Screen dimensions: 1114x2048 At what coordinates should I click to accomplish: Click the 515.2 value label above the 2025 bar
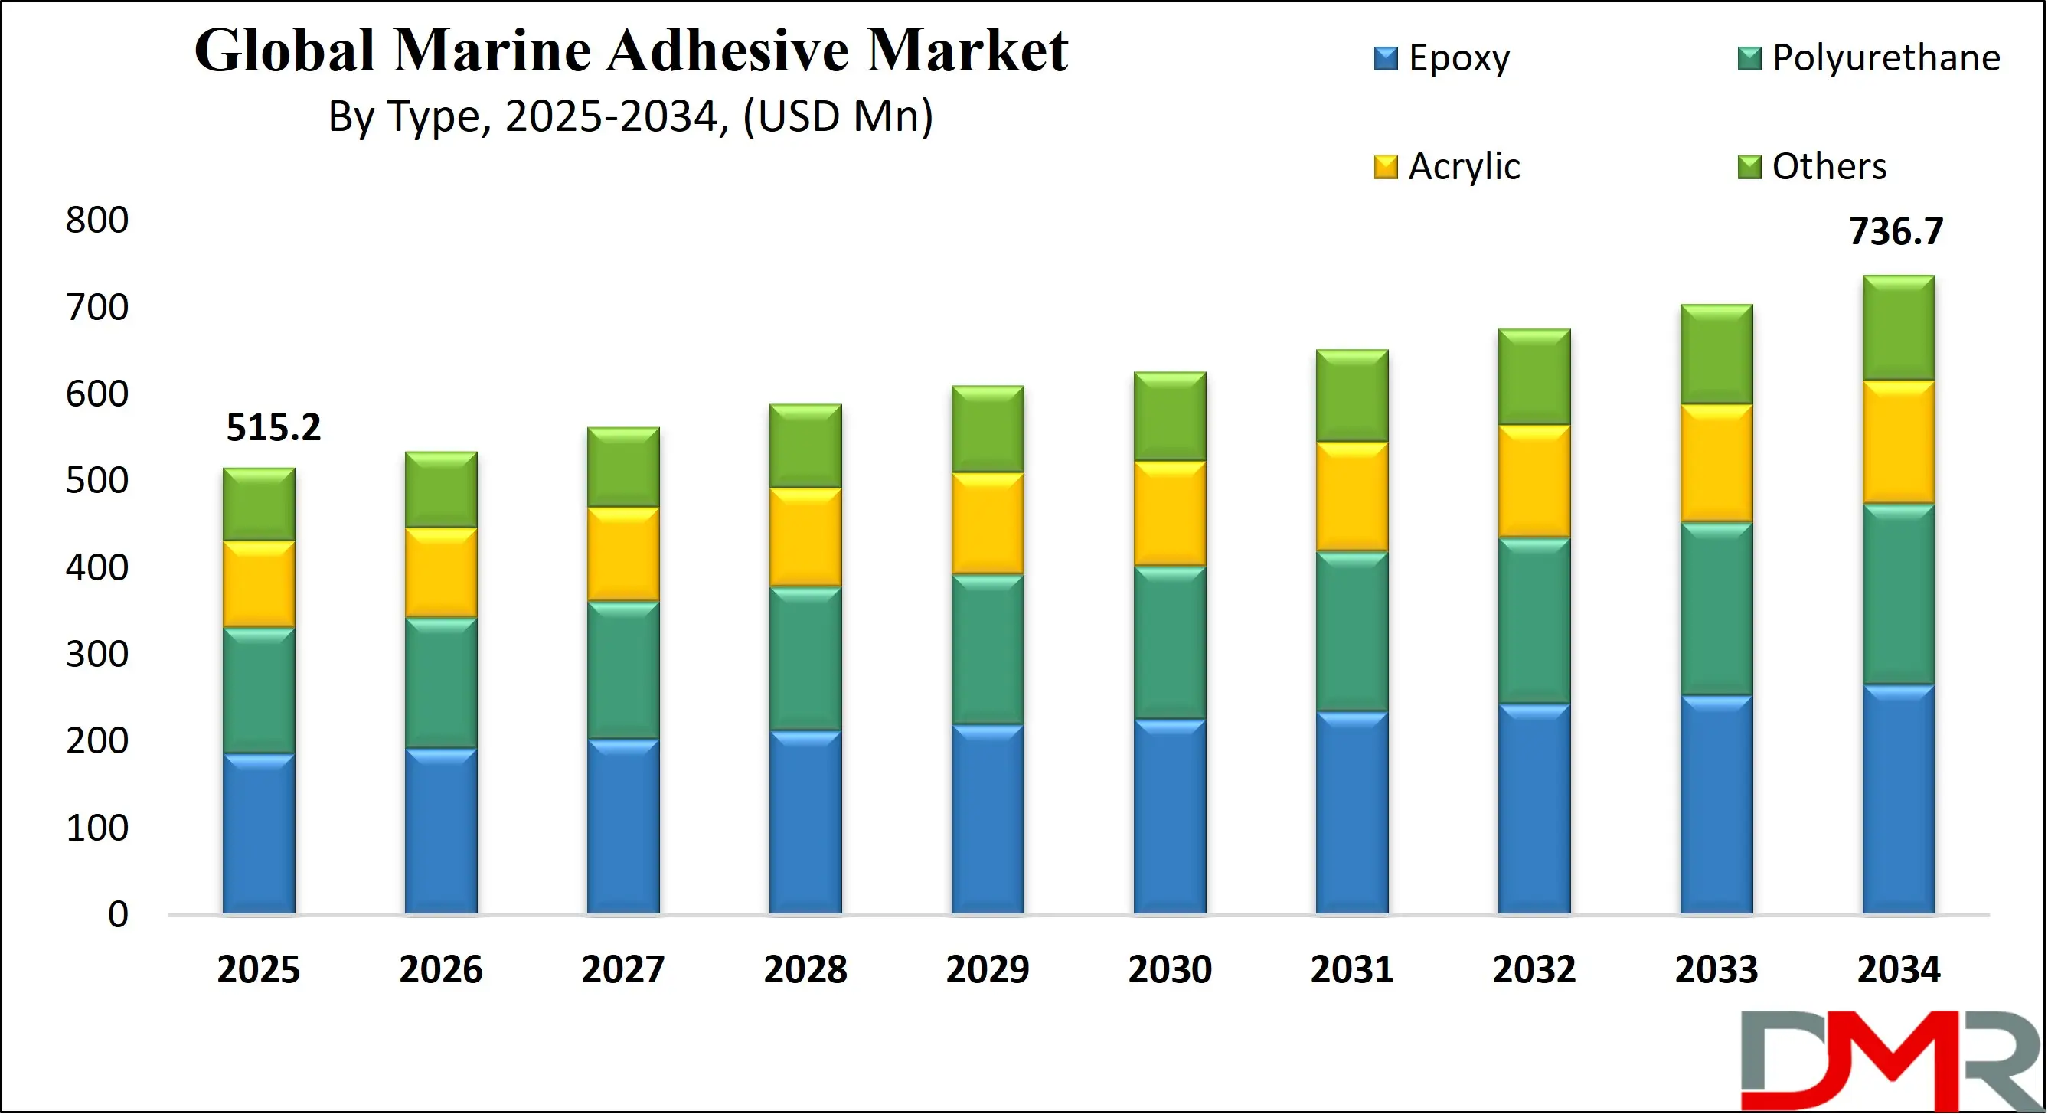tap(273, 428)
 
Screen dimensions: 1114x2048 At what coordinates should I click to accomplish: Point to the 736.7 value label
tap(1896, 231)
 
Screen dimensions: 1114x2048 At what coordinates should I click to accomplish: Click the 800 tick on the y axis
tap(97, 220)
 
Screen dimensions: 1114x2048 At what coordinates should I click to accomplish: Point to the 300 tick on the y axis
tap(97, 654)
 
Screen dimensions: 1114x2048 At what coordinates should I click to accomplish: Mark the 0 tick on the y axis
tap(118, 914)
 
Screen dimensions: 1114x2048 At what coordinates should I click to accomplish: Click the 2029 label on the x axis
tap(988, 969)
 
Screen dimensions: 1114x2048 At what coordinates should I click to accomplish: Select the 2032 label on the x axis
tap(1534, 969)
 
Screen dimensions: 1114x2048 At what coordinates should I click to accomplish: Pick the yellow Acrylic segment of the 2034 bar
tap(1899, 442)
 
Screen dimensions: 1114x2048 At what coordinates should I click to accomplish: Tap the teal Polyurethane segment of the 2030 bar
tap(1170, 642)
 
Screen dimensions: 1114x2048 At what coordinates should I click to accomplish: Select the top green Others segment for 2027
tap(623, 468)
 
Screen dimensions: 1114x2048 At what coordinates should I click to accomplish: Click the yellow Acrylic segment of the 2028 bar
tap(805, 537)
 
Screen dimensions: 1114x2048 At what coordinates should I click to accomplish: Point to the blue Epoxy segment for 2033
tap(1716, 805)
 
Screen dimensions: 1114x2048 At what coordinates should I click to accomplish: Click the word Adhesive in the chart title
tap(730, 50)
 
